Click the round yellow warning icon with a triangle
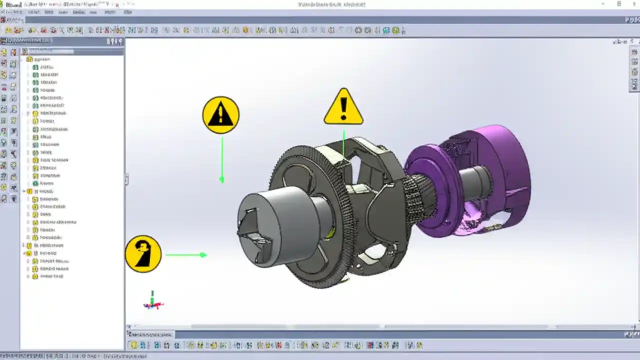coord(220,115)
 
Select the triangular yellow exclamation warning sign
coord(343,107)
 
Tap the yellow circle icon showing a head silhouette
coord(143,254)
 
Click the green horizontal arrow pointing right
coord(186,255)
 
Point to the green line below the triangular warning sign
coord(343,142)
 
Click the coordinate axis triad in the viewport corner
coord(153,301)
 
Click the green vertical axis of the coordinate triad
coord(152,295)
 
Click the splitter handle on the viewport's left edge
coord(126,179)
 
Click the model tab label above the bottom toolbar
coord(150,334)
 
